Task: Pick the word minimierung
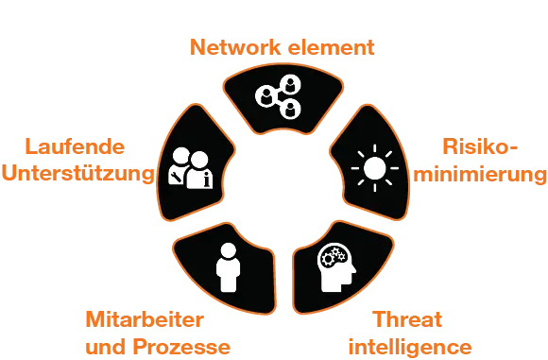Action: (483, 174)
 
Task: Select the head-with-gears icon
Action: (337, 266)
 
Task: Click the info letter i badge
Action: (198, 178)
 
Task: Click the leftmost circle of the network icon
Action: (265, 94)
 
